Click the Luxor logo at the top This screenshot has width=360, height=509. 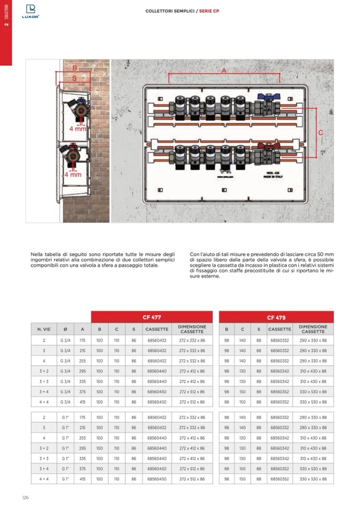coord(30,11)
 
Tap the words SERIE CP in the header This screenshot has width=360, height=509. coord(209,11)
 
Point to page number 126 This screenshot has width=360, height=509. coord(25,497)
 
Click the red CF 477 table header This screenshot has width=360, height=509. coord(151,317)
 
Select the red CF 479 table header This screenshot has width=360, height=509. coord(276,317)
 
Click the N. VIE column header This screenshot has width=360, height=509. coord(44,329)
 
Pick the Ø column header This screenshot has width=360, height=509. coord(65,329)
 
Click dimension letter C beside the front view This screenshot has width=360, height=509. coord(321,132)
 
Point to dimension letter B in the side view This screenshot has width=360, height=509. coord(74,68)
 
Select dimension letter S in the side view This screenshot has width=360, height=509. coord(74,78)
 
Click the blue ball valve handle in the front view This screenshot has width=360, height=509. coord(264,97)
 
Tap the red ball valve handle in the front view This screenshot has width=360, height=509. coord(264,144)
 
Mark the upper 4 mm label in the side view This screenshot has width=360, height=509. coord(78,129)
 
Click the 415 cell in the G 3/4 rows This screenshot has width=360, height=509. coord(82,402)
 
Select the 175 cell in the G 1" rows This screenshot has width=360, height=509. coord(82,417)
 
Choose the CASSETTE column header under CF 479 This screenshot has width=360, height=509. coord(279,329)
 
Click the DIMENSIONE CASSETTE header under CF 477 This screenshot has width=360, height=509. coord(192,329)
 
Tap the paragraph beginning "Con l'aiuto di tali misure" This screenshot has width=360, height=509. coord(261,268)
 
